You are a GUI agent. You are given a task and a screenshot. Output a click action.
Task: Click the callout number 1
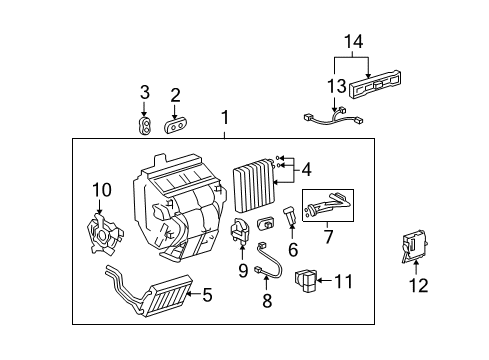click(224, 117)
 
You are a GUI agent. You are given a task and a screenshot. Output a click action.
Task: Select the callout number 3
click(145, 94)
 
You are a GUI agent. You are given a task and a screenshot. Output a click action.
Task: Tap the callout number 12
click(419, 286)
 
